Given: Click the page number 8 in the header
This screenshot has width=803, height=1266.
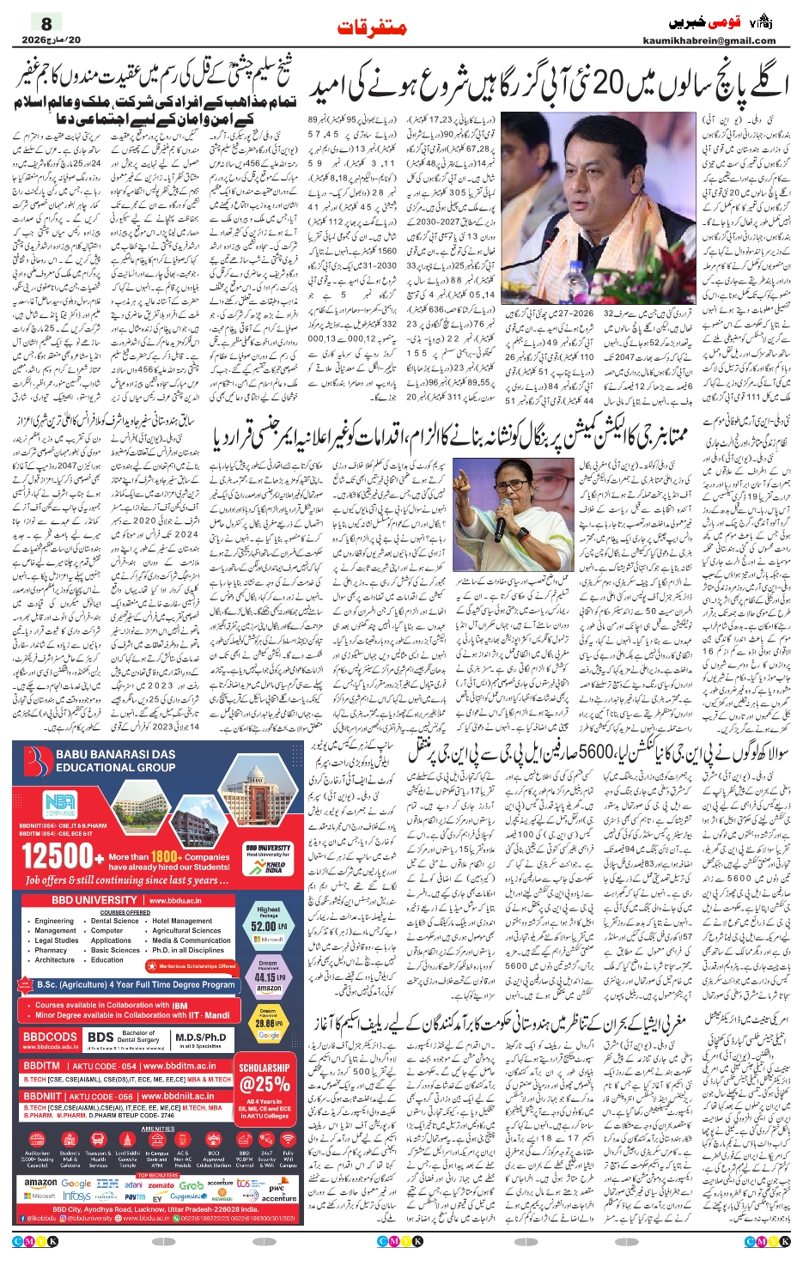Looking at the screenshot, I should coord(47,23).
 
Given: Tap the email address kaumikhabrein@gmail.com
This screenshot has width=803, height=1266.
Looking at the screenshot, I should coord(709,40).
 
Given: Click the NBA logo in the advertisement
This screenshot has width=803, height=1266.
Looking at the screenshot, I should coord(60,805).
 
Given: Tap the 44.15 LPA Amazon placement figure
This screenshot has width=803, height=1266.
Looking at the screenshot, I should coord(268,977).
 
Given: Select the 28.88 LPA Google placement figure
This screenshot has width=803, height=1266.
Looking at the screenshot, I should coord(268,1024).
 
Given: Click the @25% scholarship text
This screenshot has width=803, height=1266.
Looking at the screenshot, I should coord(265,1084).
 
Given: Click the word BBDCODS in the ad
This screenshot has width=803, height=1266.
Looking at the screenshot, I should coord(50,1037).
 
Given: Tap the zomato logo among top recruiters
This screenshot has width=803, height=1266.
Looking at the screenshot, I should coord(161,1184).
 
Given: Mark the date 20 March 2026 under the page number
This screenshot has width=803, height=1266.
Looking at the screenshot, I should coord(51,40).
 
